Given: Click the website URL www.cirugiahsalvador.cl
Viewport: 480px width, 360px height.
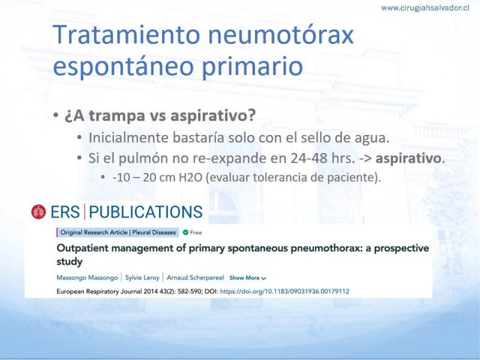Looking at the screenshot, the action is point(425,8).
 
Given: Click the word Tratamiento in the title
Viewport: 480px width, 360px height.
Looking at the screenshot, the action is point(127,34).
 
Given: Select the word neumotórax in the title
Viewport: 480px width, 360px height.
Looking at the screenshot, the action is point(281,34).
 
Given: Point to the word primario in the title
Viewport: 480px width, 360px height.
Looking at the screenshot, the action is point(252,66).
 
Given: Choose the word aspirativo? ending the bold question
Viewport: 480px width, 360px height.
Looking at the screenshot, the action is point(213,115).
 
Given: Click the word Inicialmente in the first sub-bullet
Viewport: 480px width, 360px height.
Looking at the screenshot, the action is point(128,138).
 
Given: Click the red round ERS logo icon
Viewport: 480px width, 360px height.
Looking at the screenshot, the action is point(38,212).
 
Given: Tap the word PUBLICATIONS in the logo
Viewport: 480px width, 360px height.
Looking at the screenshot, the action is point(146,212).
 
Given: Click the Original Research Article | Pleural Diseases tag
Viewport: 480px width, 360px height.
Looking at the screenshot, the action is point(118,232).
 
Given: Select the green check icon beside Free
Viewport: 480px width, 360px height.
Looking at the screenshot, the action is point(185,232).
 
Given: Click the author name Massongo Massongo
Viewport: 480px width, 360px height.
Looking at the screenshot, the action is point(87,278).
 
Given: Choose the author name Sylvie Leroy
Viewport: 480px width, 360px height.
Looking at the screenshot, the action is point(142,278).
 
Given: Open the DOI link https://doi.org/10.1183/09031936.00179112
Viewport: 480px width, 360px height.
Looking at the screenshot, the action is point(284,292).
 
